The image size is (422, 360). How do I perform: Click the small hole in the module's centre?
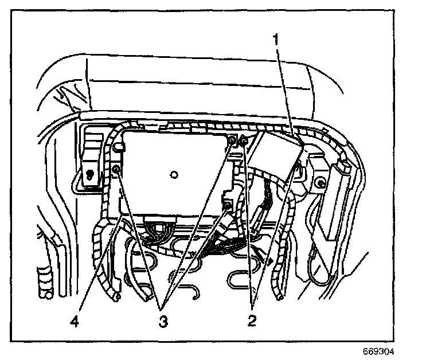pos(174,173)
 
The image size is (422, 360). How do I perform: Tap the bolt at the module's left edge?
pos(116,169)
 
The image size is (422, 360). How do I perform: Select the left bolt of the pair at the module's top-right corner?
pos(232,141)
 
